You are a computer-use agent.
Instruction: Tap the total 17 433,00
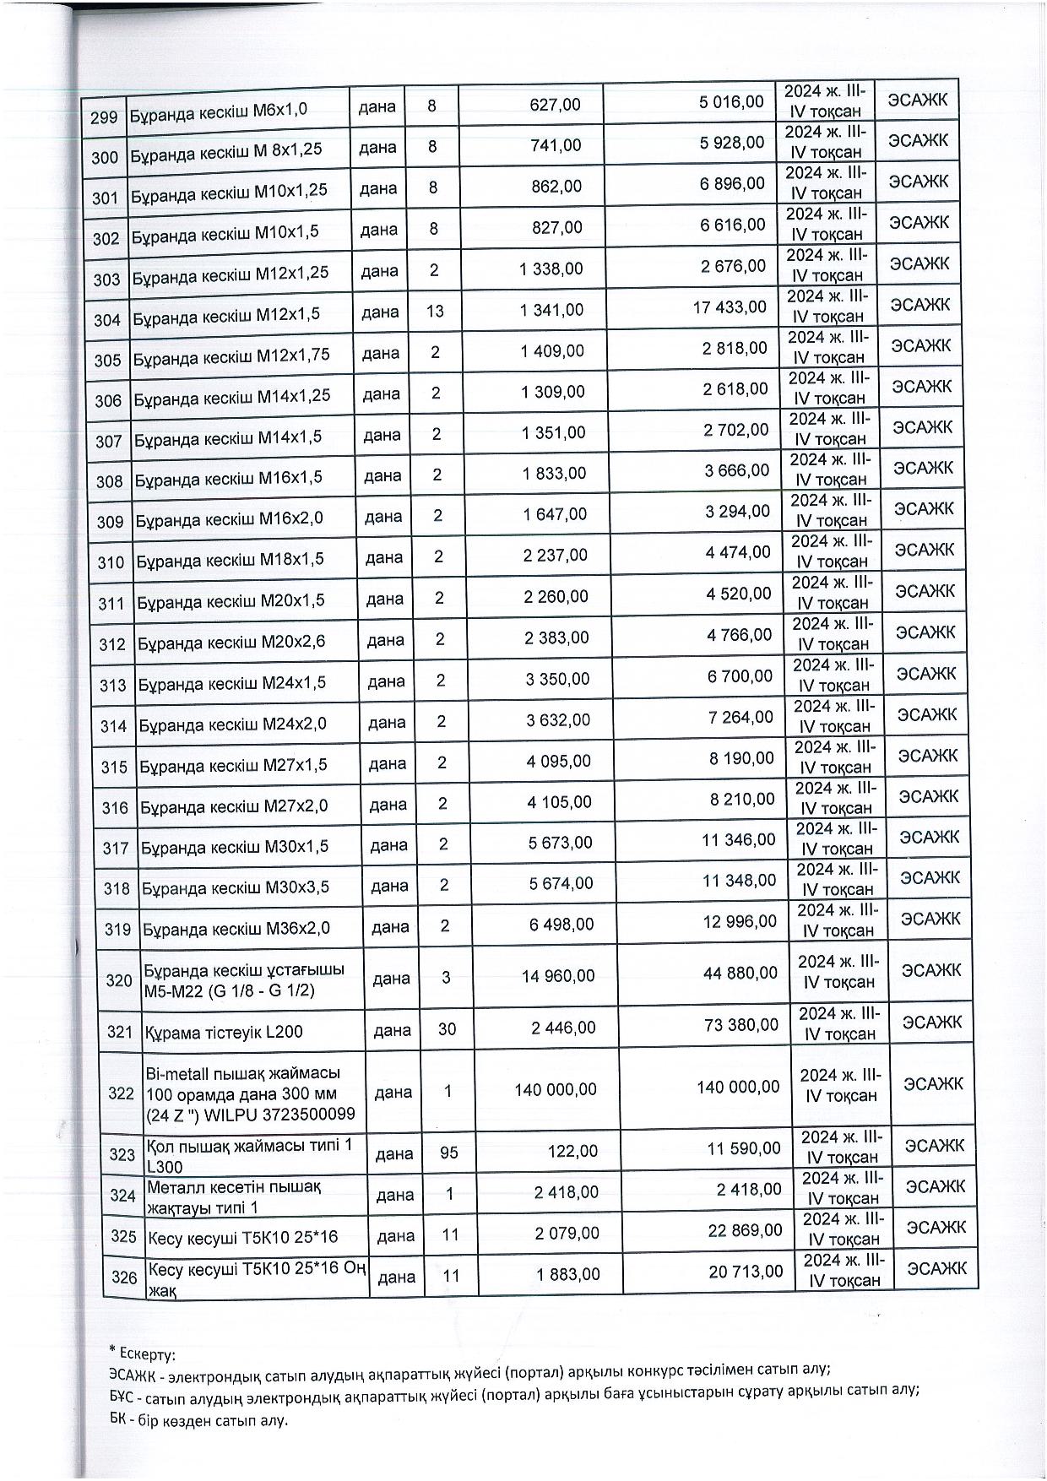click(x=730, y=307)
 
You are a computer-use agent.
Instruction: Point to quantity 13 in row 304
click(x=435, y=312)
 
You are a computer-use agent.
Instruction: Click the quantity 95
click(x=448, y=1152)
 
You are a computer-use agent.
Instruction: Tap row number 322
click(x=122, y=1093)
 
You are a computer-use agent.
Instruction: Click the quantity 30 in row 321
click(x=447, y=1028)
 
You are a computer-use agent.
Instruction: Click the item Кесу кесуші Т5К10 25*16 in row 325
click(x=242, y=1238)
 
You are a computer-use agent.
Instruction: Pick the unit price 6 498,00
click(x=561, y=925)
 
